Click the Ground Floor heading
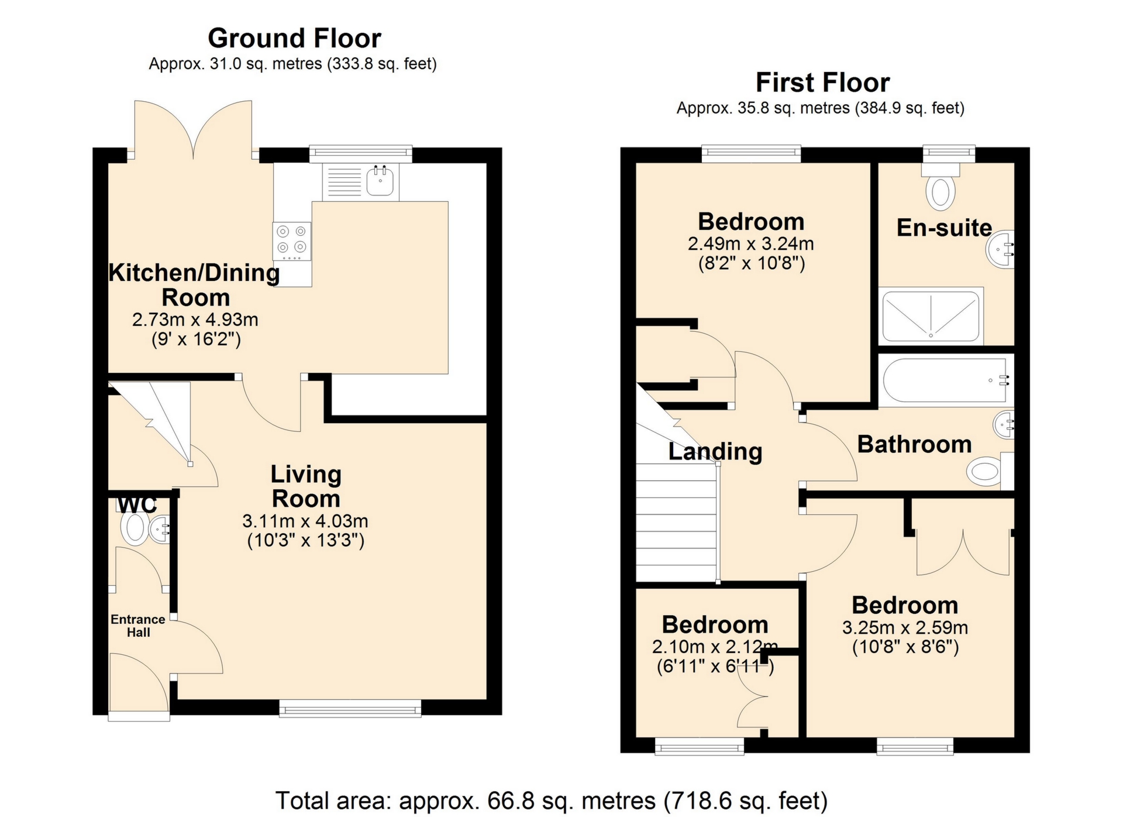(x=294, y=39)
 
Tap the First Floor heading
(x=822, y=83)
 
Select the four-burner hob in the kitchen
(x=292, y=241)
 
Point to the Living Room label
(x=306, y=486)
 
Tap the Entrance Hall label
(x=138, y=626)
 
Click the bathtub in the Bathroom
(x=946, y=380)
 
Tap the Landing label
(x=715, y=452)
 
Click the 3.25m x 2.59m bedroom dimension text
(x=905, y=628)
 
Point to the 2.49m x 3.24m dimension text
(x=751, y=243)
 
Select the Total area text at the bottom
(x=552, y=801)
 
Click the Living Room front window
(x=350, y=709)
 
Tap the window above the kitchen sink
(x=360, y=154)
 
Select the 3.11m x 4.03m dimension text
(x=305, y=521)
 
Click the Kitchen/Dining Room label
(x=195, y=285)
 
